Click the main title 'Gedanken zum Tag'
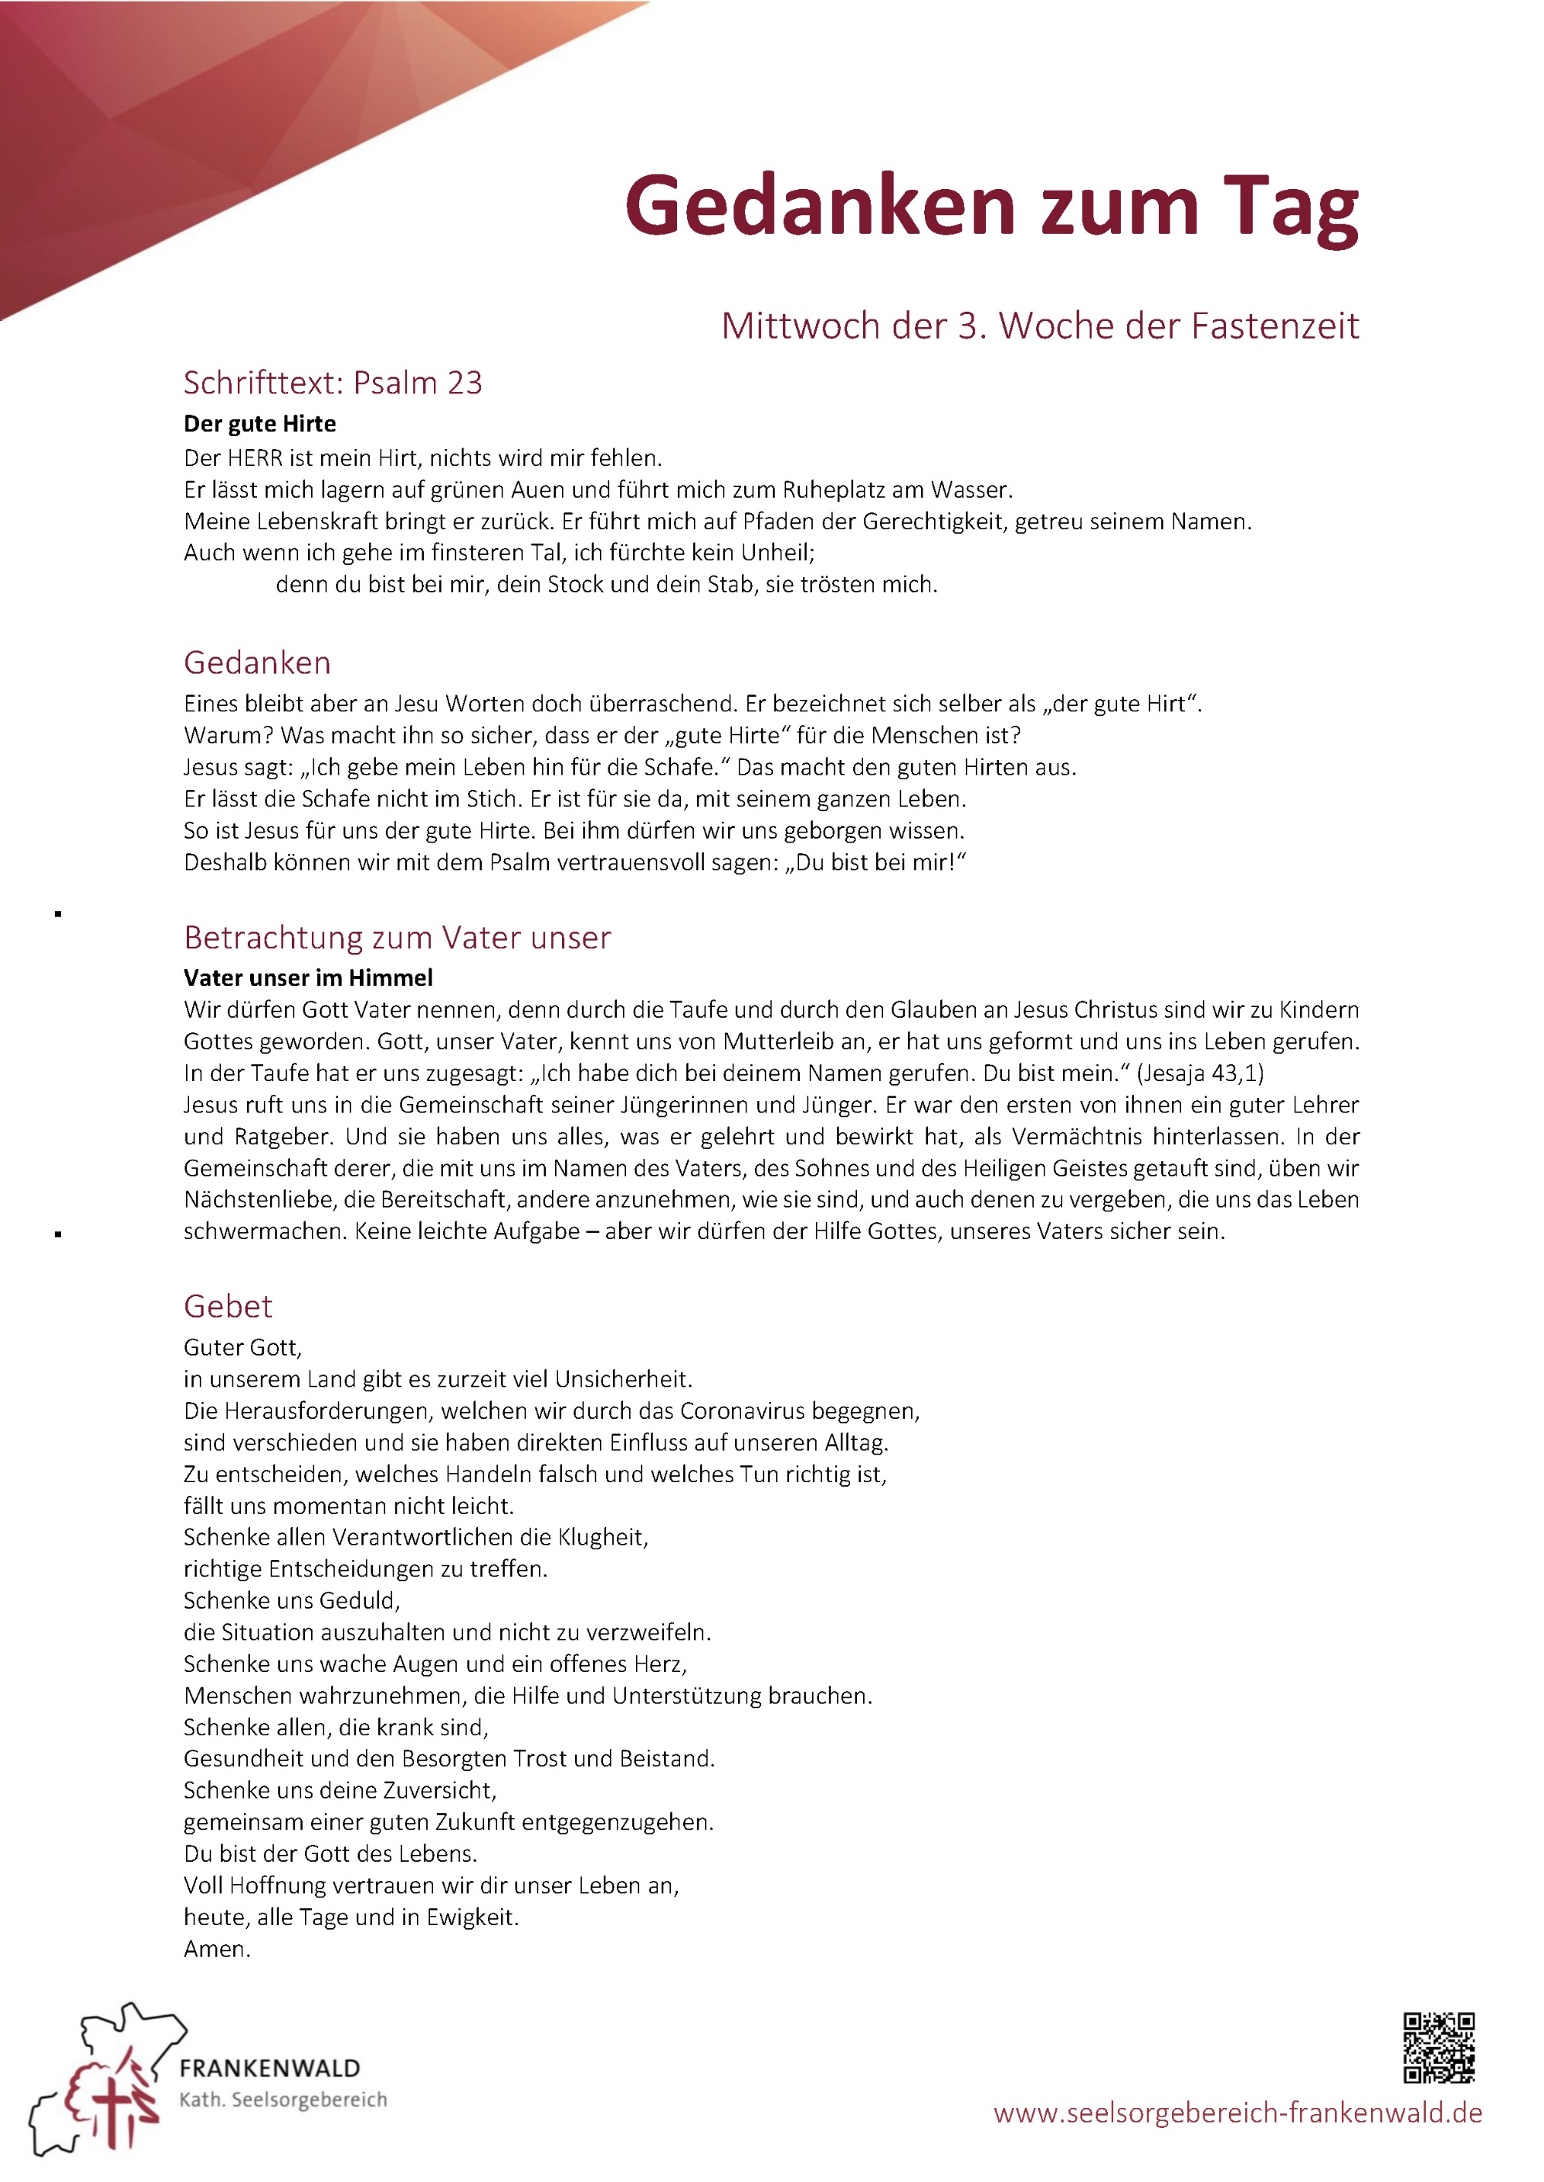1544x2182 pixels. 990,206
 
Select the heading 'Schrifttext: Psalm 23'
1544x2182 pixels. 333,382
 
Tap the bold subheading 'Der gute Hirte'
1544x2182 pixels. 259,424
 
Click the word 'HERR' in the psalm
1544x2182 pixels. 255,458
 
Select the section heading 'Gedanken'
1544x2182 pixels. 257,662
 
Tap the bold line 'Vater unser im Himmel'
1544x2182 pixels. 308,978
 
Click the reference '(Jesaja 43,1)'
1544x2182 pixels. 1200,1073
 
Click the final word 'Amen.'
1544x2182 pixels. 217,1949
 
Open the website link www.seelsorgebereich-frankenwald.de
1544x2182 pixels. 1237,2113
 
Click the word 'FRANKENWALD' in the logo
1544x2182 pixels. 270,2068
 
